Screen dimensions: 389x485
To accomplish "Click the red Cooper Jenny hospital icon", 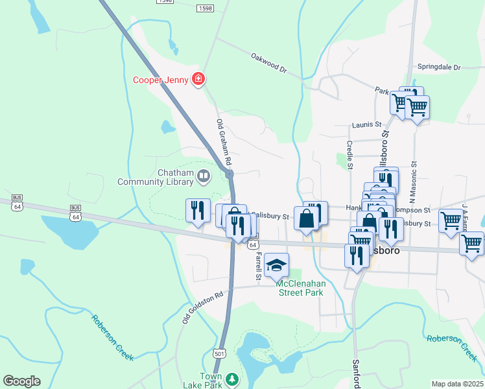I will click(x=198, y=80).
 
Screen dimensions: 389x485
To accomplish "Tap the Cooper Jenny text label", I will click(x=161, y=80).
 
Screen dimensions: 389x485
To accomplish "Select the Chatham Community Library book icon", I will click(x=204, y=176).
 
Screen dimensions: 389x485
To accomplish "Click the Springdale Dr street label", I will click(x=438, y=67).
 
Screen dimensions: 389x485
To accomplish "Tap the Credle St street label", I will click(x=349, y=155).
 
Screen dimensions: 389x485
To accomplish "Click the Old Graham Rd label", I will click(x=224, y=141).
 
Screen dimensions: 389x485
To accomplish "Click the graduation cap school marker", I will click(x=276, y=263).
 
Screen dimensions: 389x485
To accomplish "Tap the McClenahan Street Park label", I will click(x=300, y=288).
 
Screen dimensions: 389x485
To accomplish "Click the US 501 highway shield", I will click(x=219, y=353).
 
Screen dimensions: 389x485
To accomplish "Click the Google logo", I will click(x=21, y=381).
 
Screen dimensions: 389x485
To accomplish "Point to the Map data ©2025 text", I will click(x=457, y=384).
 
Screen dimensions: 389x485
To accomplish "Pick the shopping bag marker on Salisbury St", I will click(x=307, y=218).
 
